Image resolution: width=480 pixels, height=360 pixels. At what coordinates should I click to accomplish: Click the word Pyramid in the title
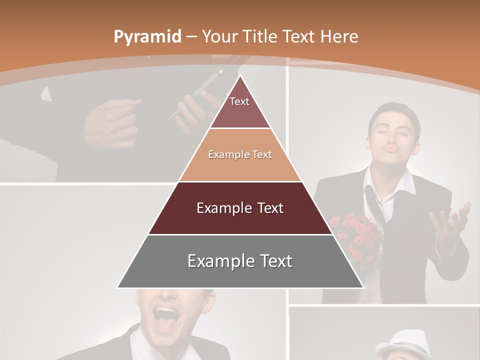147,37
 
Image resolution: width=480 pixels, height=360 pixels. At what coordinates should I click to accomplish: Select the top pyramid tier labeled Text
240,107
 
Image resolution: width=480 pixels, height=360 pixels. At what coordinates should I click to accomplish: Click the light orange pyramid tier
240,155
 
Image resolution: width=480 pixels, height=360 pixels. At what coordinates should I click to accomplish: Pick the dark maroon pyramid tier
240,208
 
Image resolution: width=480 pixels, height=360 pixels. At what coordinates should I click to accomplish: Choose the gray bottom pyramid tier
240,261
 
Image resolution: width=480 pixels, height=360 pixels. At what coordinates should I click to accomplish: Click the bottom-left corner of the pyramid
117,287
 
